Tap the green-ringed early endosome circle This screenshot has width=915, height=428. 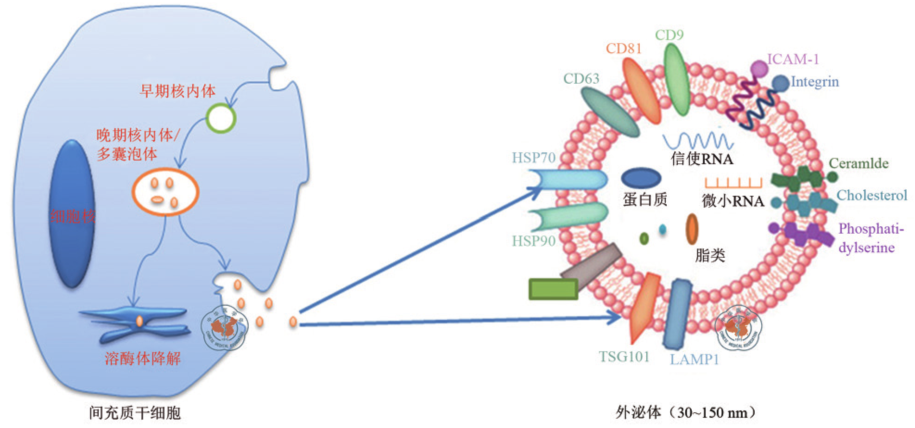click(221, 118)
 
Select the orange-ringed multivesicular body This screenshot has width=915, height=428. click(165, 192)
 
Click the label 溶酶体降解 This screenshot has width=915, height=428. click(143, 358)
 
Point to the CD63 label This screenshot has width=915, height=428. click(581, 79)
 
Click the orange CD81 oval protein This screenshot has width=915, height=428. click(641, 91)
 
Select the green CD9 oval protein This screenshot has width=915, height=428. click(676, 80)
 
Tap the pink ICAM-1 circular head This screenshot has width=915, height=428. click(759, 69)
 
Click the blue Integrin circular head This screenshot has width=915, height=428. click(780, 83)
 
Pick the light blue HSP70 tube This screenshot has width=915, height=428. click(568, 180)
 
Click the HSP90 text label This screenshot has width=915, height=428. click(533, 241)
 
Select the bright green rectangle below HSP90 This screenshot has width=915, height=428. click(553, 289)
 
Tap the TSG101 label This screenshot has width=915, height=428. click(624, 357)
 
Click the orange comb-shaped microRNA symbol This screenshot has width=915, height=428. click(733, 183)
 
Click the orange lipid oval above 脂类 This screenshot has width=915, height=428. click(692, 229)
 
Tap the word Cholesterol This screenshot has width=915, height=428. click(871, 195)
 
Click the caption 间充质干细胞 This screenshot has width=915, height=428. click(135, 412)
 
